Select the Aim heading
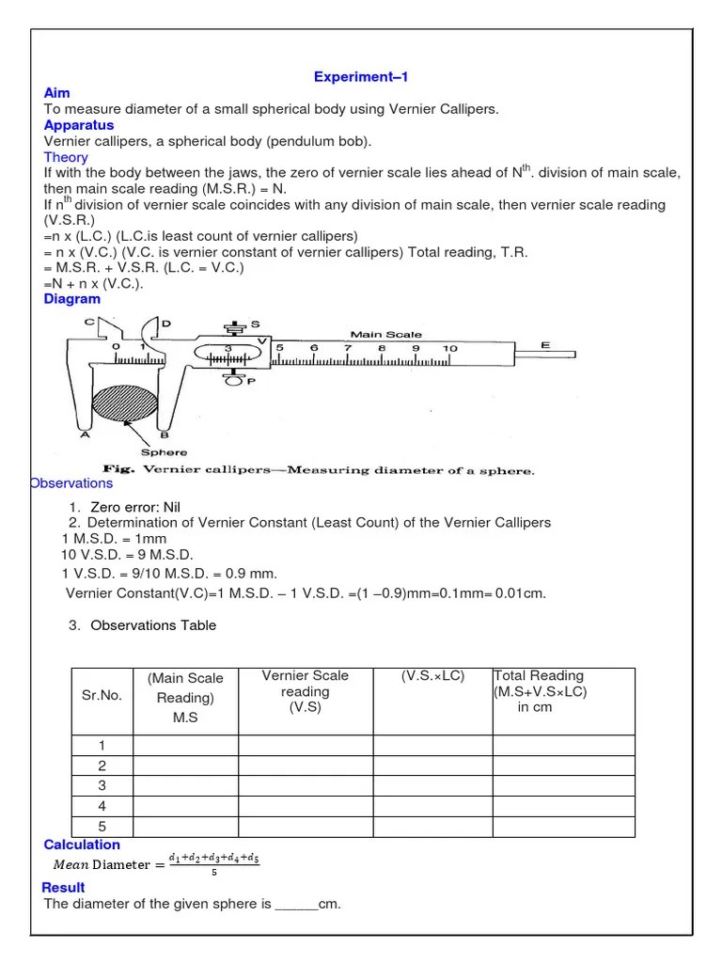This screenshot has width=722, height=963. pos(56,93)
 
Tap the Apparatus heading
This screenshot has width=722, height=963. pos(79,125)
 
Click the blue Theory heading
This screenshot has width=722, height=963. pos(66,157)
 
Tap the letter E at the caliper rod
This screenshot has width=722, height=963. pos(545,346)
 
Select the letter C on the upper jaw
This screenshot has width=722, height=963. pos(89,323)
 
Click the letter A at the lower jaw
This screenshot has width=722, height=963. pos(85,434)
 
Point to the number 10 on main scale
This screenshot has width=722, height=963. pos(450,349)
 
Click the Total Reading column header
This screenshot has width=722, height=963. pos(540,691)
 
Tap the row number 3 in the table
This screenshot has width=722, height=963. pos(102,785)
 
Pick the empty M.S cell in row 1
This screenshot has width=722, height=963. pos(185,745)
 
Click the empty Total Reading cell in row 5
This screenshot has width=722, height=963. pos(563,826)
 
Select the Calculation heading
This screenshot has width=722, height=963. pos(82,845)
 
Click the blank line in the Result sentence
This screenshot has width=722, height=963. pos(296,905)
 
